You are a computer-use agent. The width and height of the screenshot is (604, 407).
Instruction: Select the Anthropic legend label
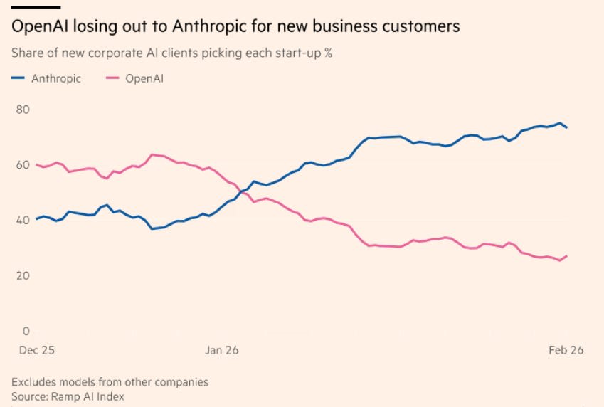click(x=56, y=78)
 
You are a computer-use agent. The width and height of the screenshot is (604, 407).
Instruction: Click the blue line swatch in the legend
click(x=19, y=78)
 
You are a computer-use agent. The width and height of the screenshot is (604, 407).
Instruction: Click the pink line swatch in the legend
click(x=112, y=78)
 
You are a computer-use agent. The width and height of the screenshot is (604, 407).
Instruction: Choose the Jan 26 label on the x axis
click(x=222, y=351)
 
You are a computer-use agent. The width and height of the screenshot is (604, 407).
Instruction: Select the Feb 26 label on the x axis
click(x=566, y=351)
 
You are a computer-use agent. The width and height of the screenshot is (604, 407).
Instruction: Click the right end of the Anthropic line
click(x=566, y=127)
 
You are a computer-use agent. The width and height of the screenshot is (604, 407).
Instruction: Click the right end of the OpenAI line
click(x=566, y=256)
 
